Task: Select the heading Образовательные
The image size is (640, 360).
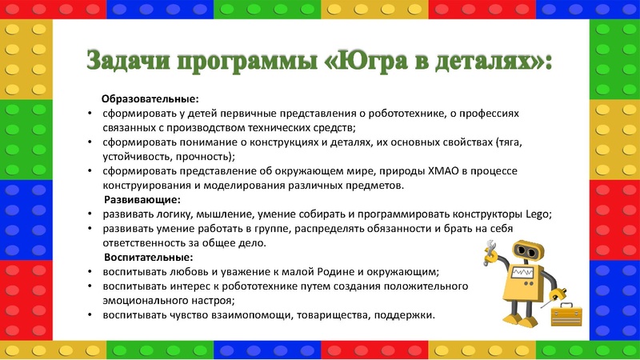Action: click(150, 99)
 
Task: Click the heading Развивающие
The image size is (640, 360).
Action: click(142, 199)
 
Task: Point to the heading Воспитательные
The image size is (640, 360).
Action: click(149, 257)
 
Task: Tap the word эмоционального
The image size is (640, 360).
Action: click(141, 300)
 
